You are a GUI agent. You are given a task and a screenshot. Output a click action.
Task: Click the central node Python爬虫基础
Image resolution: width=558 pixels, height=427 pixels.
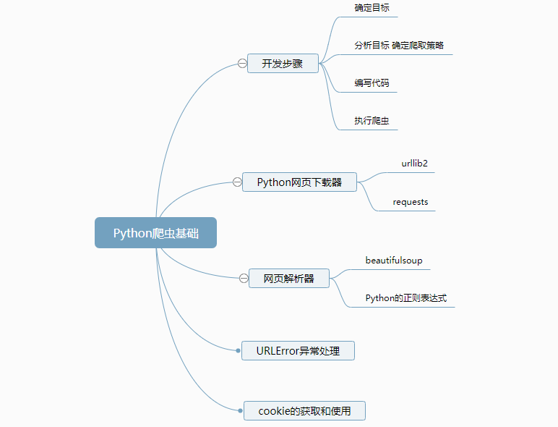click(155, 233)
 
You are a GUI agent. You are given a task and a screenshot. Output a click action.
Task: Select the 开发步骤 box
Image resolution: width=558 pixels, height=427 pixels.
click(283, 64)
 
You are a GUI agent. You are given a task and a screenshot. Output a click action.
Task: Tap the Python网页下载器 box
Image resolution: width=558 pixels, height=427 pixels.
click(299, 182)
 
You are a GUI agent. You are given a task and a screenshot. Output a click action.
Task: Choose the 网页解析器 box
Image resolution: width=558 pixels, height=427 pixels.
click(288, 278)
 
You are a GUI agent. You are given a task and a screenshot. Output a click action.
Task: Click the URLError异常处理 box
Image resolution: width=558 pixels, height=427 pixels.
click(298, 351)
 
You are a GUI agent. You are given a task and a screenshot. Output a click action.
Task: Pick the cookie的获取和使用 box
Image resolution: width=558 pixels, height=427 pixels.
click(304, 411)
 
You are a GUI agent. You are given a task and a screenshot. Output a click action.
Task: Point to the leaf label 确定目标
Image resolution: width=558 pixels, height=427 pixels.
click(372, 8)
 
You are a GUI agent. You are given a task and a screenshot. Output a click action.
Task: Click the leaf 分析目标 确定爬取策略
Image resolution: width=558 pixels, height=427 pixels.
click(399, 45)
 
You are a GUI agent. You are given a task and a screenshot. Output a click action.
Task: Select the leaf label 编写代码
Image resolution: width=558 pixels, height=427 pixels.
click(372, 83)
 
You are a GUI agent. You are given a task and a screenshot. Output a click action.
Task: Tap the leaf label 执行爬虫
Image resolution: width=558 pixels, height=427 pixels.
click(372, 121)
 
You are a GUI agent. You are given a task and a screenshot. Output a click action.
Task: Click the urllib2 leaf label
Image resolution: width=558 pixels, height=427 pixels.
click(415, 164)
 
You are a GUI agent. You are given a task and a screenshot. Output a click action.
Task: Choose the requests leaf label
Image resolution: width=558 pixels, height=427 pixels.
click(411, 202)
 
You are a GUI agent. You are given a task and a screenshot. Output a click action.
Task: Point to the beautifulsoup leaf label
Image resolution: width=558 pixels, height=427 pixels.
click(394, 260)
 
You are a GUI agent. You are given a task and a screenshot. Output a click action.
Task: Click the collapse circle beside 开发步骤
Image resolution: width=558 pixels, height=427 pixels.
click(242, 64)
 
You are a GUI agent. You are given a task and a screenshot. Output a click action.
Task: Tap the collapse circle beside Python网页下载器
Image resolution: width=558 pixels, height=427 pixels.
click(237, 182)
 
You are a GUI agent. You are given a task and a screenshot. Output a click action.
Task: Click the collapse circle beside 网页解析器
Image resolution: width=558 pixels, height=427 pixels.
click(244, 278)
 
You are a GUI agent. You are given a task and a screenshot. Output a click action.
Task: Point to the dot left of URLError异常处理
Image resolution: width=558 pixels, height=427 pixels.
click(239, 351)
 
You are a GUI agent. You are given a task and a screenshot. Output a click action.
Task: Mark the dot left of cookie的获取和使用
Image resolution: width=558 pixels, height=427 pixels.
click(241, 411)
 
